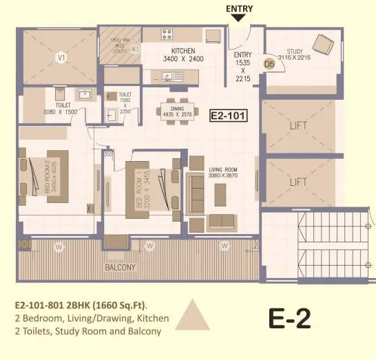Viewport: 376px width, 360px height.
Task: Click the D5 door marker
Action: tap(271, 64)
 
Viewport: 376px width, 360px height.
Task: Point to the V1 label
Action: tap(61, 58)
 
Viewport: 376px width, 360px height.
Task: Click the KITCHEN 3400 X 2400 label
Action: tap(184, 55)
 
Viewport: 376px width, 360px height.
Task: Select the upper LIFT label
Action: tap(298, 125)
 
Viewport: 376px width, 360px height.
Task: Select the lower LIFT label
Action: tap(298, 182)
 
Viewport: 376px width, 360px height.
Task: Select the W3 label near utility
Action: tap(135, 49)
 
